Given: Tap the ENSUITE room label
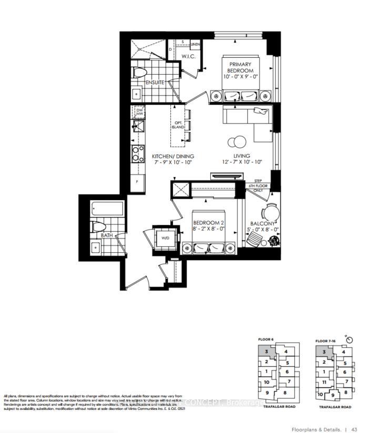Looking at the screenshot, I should click(x=155, y=83).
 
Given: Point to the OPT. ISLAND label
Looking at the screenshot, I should click(x=177, y=128).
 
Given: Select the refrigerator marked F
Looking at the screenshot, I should click(x=138, y=181).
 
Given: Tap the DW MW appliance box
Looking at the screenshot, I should click(x=139, y=111).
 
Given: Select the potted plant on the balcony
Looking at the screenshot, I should click(x=273, y=240).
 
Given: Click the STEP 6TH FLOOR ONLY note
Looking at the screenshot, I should click(x=258, y=184).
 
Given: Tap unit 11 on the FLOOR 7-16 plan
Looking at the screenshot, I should click(x=325, y=382).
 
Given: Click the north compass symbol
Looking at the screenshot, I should click(x=350, y=340).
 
